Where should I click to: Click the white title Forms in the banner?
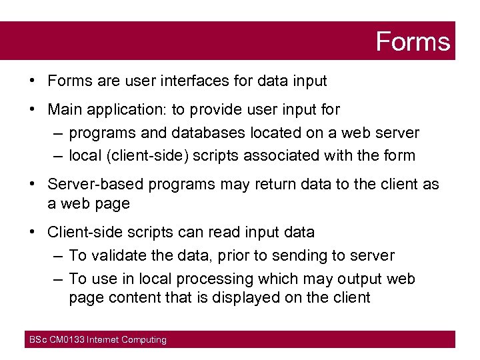click(x=413, y=41)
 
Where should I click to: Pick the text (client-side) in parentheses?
click(x=147, y=156)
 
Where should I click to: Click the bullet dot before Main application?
click(x=32, y=109)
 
